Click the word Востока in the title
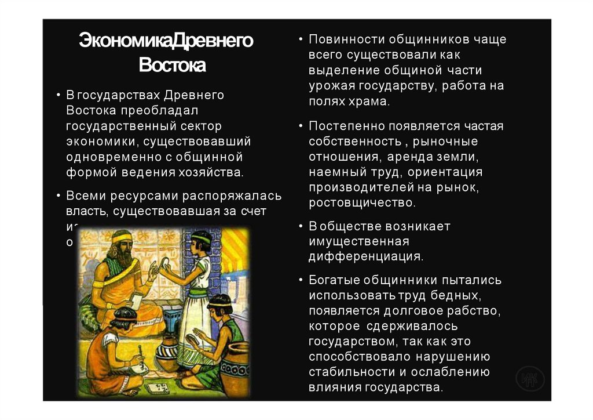click(x=172, y=65)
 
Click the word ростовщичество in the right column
click(x=361, y=203)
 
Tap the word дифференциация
click(x=365, y=256)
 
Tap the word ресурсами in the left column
click(x=141, y=195)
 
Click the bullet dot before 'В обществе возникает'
click(x=301, y=226)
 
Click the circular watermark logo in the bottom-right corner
click(x=529, y=379)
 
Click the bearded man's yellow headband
click(x=122, y=237)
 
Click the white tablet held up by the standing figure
click(x=164, y=267)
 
